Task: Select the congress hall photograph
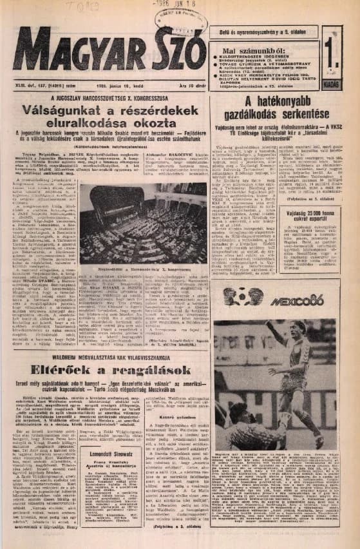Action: coord(144,224)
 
